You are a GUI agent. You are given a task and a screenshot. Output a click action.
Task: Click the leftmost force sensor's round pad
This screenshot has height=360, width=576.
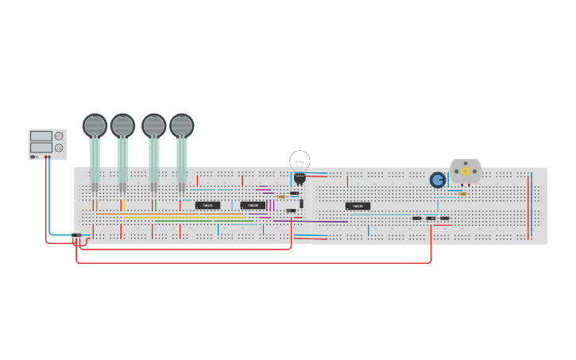pyautogui.click(x=95, y=126)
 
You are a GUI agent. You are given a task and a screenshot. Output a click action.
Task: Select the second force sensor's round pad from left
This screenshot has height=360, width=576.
pyautogui.click(x=122, y=126)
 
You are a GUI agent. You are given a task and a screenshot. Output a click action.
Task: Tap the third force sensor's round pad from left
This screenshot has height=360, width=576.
pyautogui.click(x=153, y=126)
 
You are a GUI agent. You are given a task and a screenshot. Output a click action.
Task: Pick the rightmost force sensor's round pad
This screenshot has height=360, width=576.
pyautogui.click(x=181, y=126)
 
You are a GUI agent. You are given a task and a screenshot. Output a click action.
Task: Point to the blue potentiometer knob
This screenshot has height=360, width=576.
pyautogui.click(x=438, y=180)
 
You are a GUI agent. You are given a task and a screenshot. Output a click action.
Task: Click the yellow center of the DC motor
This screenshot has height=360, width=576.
pyautogui.click(x=466, y=172)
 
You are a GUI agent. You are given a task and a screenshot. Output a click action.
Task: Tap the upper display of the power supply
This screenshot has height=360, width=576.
pyautogui.click(x=41, y=137)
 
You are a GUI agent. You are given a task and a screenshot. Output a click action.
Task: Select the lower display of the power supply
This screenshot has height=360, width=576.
pyautogui.click(x=41, y=148)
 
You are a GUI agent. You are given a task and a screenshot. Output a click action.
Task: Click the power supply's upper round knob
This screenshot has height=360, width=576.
pyautogui.click(x=59, y=136)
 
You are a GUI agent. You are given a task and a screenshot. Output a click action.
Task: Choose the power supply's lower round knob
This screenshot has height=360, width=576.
pyautogui.click(x=59, y=148)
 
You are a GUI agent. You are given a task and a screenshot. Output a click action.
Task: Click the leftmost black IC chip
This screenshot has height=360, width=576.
pyautogui.click(x=207, y=205)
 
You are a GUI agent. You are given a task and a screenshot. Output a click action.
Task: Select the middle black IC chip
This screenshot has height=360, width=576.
pyautogui.click(x=253, y=205)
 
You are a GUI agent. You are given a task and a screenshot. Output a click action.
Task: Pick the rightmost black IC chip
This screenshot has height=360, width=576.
pyautogui.click(x=358, y=206)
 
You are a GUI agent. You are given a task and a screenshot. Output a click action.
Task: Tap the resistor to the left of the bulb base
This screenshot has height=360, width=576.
pyautogui.click(x=280, y=196)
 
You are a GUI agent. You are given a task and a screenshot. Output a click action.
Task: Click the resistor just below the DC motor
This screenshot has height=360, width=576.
pyautogui.click(x=462, y=193)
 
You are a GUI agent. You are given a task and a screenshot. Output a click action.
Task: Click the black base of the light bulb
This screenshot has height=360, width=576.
pyautogui.click(x=300, y=177)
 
